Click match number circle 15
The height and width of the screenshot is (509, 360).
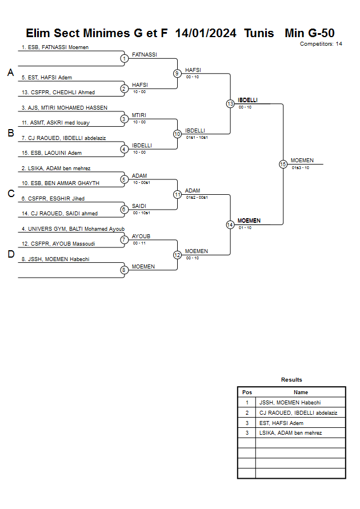click(x=283, y=164)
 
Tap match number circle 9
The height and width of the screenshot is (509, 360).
click(x=177, y=73)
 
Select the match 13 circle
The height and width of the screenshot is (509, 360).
click(x=230, y=104)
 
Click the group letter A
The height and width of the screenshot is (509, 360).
click(x=10, y=73)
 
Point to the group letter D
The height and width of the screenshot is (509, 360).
click(x=10, y=254)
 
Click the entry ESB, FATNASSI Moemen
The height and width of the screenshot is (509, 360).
click(x=55, y=47)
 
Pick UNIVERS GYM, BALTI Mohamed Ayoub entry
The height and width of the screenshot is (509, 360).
click(x=73, y=229)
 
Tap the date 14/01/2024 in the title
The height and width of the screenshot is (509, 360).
click(x=206, y=33)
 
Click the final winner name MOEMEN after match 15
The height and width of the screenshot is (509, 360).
click(x=302, y=161)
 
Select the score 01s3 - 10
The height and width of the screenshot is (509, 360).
click(x=300, y=168)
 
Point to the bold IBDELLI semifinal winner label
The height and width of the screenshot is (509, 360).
click(x=247, y=100)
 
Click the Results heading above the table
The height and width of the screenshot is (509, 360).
click(x=291, y=380)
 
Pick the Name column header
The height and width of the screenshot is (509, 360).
click(x=301, y=392)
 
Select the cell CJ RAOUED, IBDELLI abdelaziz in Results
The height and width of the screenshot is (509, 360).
click(x=298, y=412)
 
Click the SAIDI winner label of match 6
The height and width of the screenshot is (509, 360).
click(x=139, y=206)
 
